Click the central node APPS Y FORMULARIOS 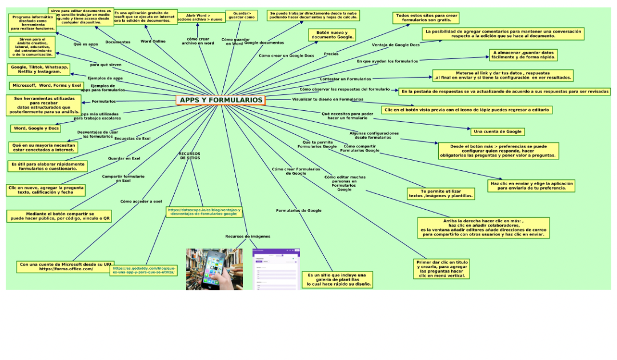221,101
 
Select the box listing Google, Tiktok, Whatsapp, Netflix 39,70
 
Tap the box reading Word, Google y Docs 35,129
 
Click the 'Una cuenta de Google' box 497,132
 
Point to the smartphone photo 214,269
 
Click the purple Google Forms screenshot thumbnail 276,269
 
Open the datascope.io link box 204,212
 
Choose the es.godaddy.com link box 143,270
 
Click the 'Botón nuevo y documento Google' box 332,35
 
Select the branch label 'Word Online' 153,41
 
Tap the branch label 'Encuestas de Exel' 133,138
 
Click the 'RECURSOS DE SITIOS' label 190,155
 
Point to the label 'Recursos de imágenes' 247,236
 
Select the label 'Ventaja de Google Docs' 395,45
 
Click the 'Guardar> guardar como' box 241,15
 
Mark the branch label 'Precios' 331,54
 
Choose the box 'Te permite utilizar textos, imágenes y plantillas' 440,193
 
